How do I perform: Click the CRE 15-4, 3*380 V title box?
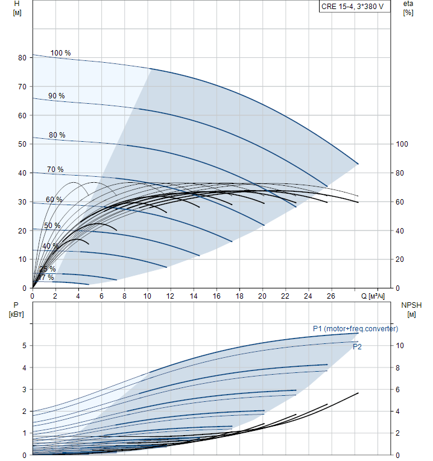(x=354, y=7)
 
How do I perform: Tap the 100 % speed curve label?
(x=60, y=53)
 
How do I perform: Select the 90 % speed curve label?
(x=57, y=96)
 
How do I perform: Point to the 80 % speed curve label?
(x=57, y=135)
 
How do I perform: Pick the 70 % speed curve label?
(x=55, y=170)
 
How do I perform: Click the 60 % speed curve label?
(x=54, y=200)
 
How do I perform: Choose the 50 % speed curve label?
(x=52, y=226)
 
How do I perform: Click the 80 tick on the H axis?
(x=22, y=58)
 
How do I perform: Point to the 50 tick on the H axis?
(x=22, y=144)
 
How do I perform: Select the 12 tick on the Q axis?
(x=170, y=296)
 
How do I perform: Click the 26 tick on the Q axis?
(x=331, y=296)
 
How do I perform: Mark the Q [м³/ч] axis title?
(x=373, y=296)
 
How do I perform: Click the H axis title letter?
(x=16, y=4)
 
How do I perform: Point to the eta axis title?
(x=408, y=4)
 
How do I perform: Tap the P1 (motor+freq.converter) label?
(x=355, y=328)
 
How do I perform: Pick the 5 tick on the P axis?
(x=24, y=346)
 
